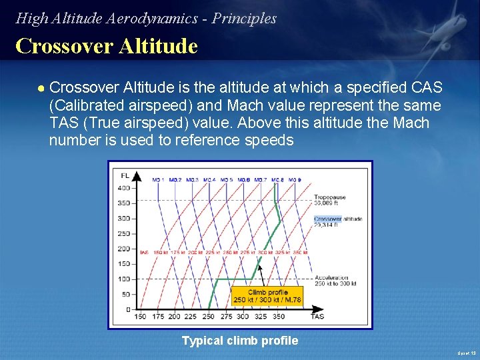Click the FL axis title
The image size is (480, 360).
pyautogui.click(x=125, y=175)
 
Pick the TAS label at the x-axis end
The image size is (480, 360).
pyautogui.click(x=317, y=317)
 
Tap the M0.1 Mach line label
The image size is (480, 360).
pyautogui.click(x=158, y=180)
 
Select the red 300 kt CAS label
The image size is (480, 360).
pyautogui.click(x=265, y=253)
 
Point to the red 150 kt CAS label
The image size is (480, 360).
pyautogui.click(x=161, y=253)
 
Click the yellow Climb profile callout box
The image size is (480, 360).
pyautogui.click(x=267, y=296)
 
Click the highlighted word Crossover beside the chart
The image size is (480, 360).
pyautogui.click(x=327, y=219)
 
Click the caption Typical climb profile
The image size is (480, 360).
pyautogui.click(x=240, y=341)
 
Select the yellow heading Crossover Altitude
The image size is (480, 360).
pyautogui.click(x=107, y=47)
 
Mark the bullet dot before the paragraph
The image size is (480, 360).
pyautogui.click(x=41, y=89)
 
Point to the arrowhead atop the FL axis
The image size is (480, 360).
pyautogui.click(x=137, y=176)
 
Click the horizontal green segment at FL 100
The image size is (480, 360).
pyautogui.click(x=240, y=279)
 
